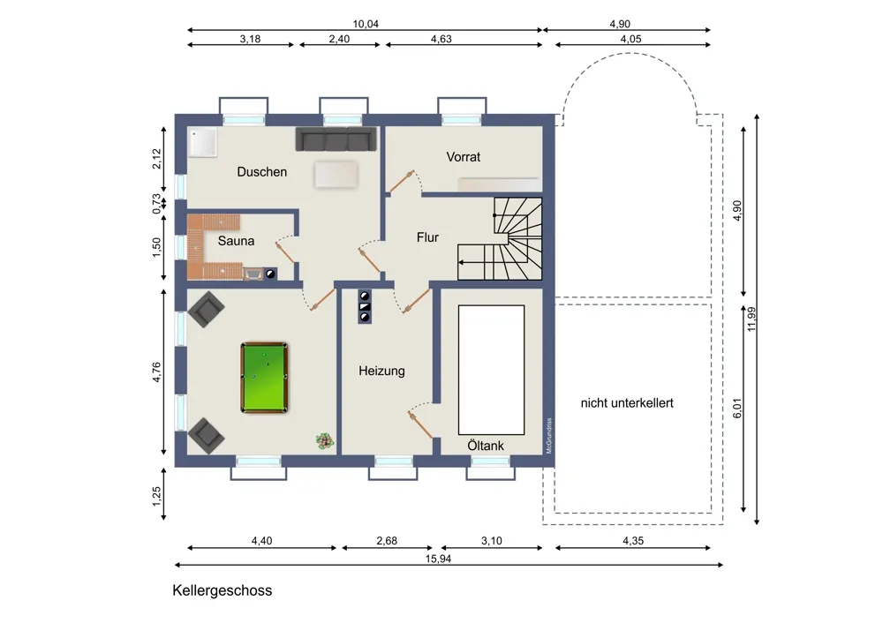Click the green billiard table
pyautogui.click(x=264, y=377)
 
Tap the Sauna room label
pyautogui.click(x=236, y=241)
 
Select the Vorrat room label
pyautogui.click(x=464, y=157)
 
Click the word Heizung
pyautogui.click(x=381, y=371)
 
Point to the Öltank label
pyautogui.click(x=486, y=446)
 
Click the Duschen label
pyautogui.click(x=262, y=172)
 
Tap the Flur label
pyautogui.click(x=427, y=237)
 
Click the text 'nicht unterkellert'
pyautogui.click(x=627, y=403)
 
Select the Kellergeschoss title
pyautogui.click(x=222, y=590)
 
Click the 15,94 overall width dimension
pyautogui.click(x=438, y=559)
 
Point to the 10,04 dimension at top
pyautogui.click(x=366, y=24)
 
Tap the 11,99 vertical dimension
pyautogui.click(x=751, y=319)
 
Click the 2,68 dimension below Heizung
pyautogui.click(x=387, y=541)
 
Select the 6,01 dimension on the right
pyautogui.click(x=737, y=408)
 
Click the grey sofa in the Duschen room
pyautogui.click(x=336, y=139)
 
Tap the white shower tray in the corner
pyautogui.click(x=202, y=142)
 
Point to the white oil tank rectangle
pyautogui.click(x=491, y=371)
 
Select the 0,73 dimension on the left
pyautogui.click(x=156, y=204)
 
